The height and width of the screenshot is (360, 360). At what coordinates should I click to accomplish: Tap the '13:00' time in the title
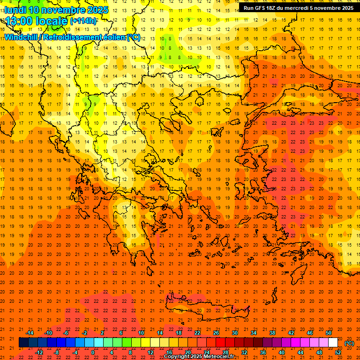point(19,21)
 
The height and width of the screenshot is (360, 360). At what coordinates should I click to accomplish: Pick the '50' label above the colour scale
point(329,333)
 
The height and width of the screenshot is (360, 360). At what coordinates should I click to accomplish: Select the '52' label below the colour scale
point(338,352)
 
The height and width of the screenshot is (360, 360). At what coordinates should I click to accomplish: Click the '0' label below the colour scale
point(93,352)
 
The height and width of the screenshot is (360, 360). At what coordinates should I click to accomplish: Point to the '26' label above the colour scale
point(216,333)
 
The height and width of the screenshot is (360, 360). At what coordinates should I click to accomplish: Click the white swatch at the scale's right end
point(333,343)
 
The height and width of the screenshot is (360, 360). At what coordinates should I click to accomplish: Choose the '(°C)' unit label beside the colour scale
point(349,343)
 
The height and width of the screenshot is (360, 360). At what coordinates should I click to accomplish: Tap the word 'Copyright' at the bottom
point(177,357)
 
